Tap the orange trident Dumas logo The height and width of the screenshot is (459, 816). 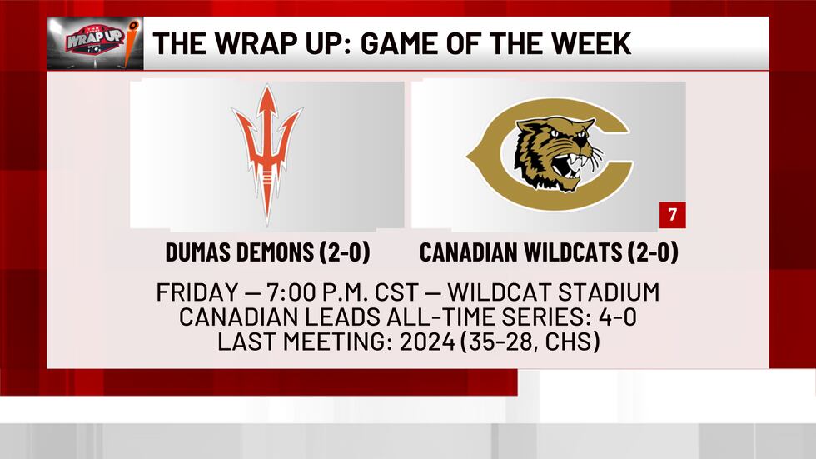pos(266,154)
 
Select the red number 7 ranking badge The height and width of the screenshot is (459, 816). pos(673,216)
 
